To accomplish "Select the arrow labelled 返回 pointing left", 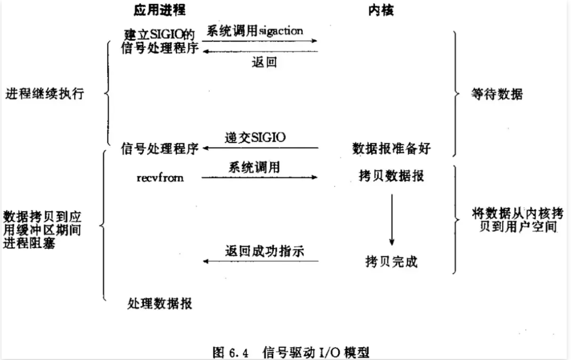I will [x=260, y=52].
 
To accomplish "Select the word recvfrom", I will [x=160, y=177].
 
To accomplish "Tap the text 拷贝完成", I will [x=391, y=262].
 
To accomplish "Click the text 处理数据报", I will [x=160, y=303].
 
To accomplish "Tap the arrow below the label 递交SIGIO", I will [x=260, y=148].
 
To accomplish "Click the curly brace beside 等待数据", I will [x=456, y=94].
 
